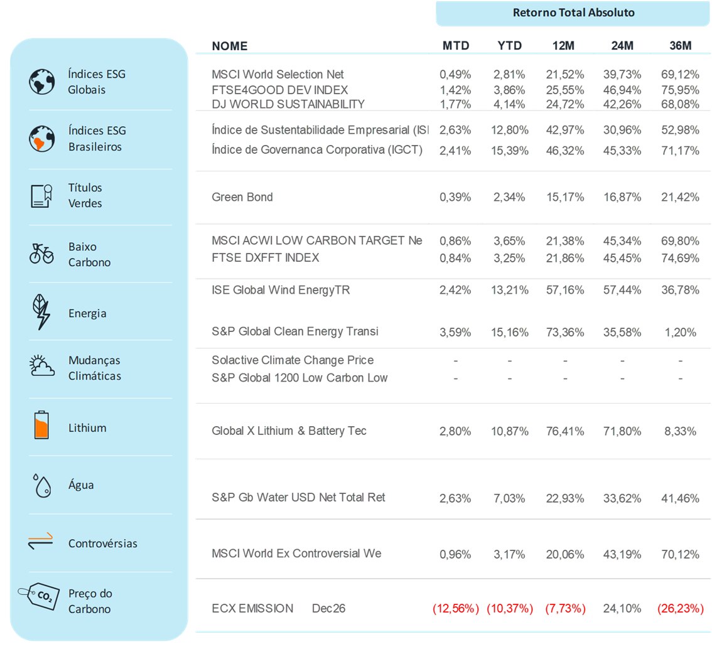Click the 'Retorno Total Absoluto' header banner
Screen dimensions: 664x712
click(x=573, y=13)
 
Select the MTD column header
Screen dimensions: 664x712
click(x=455, y=46)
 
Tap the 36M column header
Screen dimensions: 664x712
click(x=680, y=46)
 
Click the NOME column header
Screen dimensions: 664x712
click(x=230, y=46)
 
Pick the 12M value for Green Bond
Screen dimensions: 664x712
click(x=565, y=197)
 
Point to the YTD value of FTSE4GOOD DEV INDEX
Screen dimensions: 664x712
click(x=510, y=90)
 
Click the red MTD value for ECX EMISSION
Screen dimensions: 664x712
click(x=455, y=608)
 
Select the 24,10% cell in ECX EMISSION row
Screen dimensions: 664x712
click(x=622, y=608)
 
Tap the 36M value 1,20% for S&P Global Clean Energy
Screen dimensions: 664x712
click(x=681, y=332)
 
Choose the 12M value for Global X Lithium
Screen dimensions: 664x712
click(x=565, y=431)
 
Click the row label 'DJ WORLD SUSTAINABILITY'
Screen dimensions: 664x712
click(x=288, y=104)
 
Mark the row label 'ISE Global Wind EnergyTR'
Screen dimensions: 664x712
click(x=281, y=290)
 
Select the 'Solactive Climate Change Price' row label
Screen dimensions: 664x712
click(x=293, y=360)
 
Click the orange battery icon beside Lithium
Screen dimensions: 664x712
click(x=41, y=425)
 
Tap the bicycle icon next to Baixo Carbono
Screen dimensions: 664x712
click(x=41, y=254)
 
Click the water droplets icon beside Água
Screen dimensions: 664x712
click(x=41, y=485)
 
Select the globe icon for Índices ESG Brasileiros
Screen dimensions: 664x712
click(x=41, y=138)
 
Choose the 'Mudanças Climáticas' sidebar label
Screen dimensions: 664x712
click(x=94, y=368)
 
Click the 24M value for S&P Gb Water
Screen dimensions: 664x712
click(x=622, y=498)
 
